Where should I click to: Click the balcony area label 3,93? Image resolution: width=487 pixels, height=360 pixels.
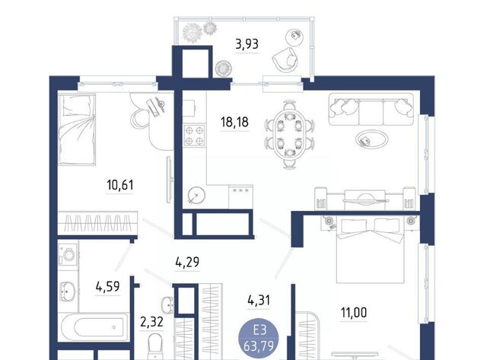[x=247, y=44]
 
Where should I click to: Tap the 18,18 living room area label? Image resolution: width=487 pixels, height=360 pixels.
[x=234, y=122]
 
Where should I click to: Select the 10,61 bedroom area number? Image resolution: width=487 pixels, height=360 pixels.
[x=120, y=185]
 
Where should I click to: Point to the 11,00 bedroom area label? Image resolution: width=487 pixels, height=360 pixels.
[x=354, y=313]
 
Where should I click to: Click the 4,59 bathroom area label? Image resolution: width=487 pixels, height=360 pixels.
[x=107, y=287]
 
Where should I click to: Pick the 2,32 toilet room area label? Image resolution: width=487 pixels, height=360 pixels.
[x=151, y=322]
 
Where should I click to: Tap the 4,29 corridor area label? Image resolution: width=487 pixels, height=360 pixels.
[x=187, y=263]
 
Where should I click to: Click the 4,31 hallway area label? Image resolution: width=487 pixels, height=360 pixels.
[x=259, y=301]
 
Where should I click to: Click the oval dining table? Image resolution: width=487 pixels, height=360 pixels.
[x=289, y=135]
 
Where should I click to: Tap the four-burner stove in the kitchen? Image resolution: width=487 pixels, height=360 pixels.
[x=195, y=135]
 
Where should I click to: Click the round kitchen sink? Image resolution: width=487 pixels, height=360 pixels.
[x=196, y=196]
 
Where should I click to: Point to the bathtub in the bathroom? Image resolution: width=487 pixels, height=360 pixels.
[x=94, y=327]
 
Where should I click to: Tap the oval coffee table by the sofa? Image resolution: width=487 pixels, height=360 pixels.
[x=372, y=139]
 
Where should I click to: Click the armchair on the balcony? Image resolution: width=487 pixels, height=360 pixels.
[x=285, y=60]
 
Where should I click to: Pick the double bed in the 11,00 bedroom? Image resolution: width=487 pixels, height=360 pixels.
[x=371, y=250]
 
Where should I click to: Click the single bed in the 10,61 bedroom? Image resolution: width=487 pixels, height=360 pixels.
[x=77, y=129]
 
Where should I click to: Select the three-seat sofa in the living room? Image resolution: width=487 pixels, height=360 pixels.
[x=371, y=110]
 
